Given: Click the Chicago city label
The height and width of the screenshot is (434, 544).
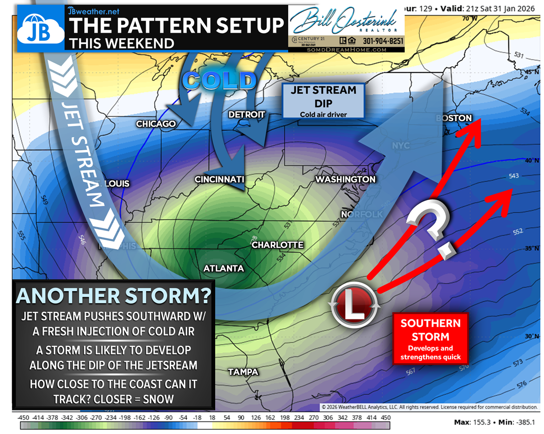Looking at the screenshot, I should coord(156,124).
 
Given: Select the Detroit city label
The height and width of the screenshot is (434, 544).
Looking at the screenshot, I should coord(247,115).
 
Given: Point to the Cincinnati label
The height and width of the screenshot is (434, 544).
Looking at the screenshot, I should coord(219,179).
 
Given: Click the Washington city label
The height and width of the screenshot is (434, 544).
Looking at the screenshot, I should coord(345,179).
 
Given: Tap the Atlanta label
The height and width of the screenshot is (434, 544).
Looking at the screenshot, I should coord(224,268).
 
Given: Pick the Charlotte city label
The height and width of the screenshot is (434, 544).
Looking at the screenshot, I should coord(277,245).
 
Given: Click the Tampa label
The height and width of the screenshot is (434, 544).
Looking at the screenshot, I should coord(243,372).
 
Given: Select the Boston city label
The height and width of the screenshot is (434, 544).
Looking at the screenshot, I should coord(453,118).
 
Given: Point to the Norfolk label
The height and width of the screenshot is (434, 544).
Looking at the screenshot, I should coord(362,215).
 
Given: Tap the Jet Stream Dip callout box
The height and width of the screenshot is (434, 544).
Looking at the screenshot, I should coord(323,100).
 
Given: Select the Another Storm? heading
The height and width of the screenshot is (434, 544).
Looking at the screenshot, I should coord(114,296).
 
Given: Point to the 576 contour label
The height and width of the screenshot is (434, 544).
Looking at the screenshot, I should coord(521,384).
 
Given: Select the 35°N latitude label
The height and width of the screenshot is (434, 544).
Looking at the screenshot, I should coord(532,249).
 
